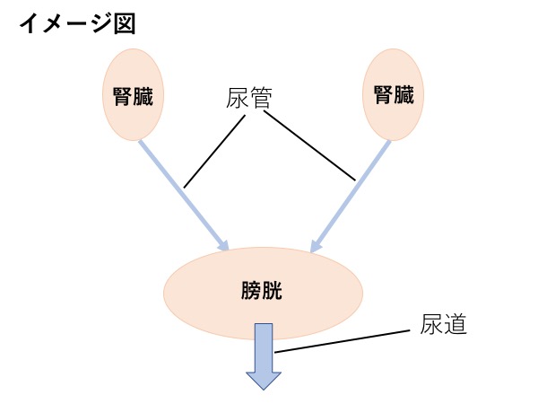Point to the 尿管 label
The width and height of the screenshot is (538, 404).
tap(249, 99)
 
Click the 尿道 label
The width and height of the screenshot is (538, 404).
tap(443, 324)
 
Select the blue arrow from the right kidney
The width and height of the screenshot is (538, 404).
tap(350, 198)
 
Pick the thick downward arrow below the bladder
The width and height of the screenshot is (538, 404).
tap(264, 346)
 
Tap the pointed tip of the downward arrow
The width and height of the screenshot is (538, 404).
tap(264, 387)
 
